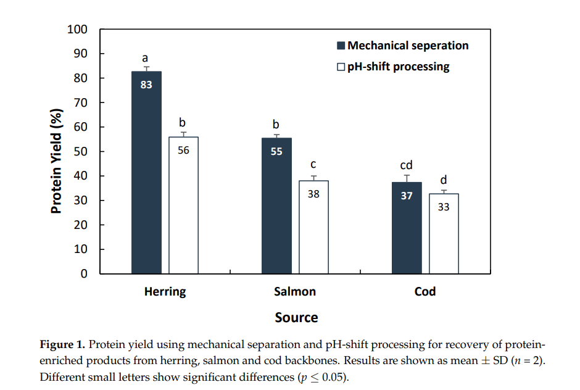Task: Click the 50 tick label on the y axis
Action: click(81, 152)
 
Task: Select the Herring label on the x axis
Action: click(165, 292)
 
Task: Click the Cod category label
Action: click(425, 292)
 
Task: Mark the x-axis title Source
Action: click(296, 318)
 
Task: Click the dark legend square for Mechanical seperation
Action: click(341, 46)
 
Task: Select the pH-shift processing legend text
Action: click(398, 67)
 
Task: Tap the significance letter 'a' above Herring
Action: click(146, 58)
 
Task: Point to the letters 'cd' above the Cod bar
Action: click(406, 165)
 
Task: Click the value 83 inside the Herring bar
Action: click(146, 85)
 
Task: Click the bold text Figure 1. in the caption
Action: click(64, 344)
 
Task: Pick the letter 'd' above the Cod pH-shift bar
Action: click(444, 180)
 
